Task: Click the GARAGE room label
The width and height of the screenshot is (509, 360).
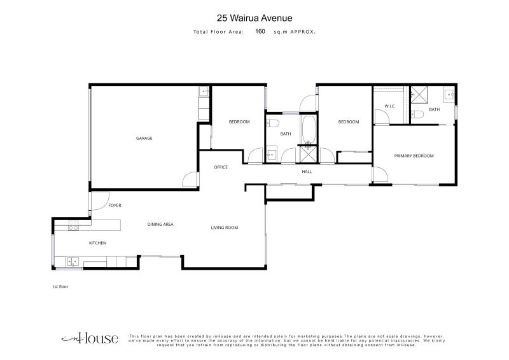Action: [144, 138]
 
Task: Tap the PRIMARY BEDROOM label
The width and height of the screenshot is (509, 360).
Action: [414, 156]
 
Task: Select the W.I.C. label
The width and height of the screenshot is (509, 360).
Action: [390, 106]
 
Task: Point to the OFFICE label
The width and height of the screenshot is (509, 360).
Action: [221, 167]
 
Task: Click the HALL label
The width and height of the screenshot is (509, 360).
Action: [307, 172]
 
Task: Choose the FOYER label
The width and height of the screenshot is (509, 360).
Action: [115, 205]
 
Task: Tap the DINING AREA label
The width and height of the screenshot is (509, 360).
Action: [160, 225]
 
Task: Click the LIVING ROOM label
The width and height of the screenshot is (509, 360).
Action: [225, 228]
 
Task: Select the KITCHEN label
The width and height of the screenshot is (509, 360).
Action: [97, 243]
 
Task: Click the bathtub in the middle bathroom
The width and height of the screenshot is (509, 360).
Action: [308, 130]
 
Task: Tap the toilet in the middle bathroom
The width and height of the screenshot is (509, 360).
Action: [273, 123]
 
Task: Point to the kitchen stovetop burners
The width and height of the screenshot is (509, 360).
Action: [73, 226]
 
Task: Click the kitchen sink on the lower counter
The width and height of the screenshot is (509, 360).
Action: [73, 261]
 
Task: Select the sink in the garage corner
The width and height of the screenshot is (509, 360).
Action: [204, 92]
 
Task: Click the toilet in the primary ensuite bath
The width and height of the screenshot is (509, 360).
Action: [417, 114]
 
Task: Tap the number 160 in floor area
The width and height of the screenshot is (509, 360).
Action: [260, 31]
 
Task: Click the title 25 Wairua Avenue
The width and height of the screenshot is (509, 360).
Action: [254, 18]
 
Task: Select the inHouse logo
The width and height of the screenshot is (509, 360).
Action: [90, 338]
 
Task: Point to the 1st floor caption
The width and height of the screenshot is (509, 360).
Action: [60, 287]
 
